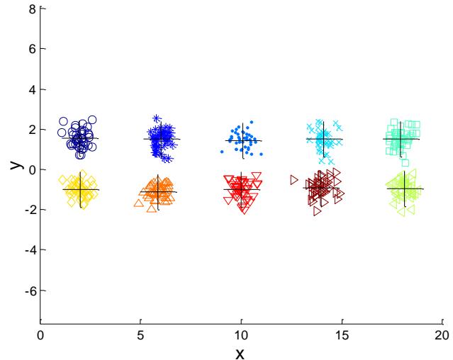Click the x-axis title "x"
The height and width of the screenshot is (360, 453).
(x=240, y=352)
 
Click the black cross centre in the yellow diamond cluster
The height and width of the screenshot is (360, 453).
(x=81, y=189)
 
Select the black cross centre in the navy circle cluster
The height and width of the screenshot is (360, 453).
(x=81, y=138)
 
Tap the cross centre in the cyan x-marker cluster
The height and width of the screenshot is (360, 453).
(x=324, y=139)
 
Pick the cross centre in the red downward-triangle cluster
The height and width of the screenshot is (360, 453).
(x=242, y=189)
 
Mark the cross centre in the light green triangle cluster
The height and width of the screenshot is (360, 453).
(x=405, y=189)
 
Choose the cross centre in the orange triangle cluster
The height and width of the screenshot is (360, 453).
(x=158, y=191)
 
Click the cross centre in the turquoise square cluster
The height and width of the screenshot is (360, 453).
(x=401, y=139)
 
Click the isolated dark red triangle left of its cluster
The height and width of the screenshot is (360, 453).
(x=294, y=180)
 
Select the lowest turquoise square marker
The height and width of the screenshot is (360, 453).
(x=405, y=162)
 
